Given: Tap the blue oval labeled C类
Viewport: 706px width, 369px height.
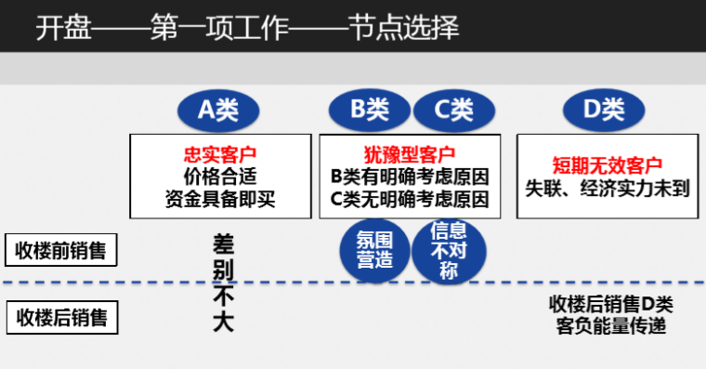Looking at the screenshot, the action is [x=455, y=110].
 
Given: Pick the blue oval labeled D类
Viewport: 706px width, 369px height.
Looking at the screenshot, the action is [x=604, y=110].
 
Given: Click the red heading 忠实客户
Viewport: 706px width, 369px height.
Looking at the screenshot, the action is [x=220, y=153].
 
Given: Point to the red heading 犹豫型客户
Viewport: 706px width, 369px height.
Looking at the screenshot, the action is [x=410, y=153].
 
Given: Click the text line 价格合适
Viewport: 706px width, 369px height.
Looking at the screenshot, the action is [x=220, y=175].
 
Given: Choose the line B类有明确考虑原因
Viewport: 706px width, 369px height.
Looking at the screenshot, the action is [x=410, y=176].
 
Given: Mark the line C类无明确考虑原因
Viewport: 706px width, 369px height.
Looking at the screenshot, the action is [x=410, y=197].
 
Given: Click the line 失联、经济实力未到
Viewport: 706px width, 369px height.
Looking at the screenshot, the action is [x=608, y=186].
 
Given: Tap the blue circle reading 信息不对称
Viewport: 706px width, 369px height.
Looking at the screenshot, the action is [x=448, y=249].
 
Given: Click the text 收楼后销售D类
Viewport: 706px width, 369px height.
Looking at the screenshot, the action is [x=610, y=304].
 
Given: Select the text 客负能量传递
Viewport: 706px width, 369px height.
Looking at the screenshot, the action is [x=610, y=326].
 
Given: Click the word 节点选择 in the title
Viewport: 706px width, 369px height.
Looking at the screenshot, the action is [x=409, y=28].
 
